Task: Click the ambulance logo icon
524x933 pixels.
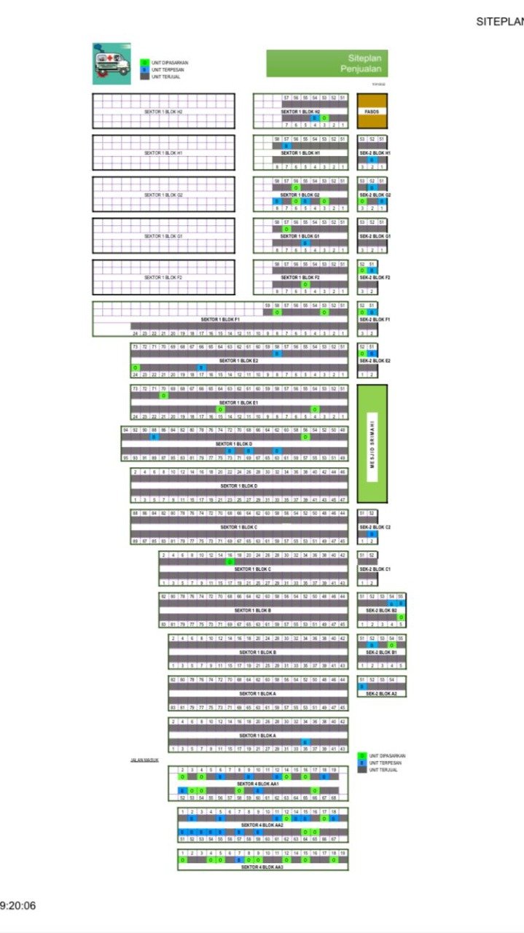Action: [x=111, y=63]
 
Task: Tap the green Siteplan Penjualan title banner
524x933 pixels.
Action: [x=326, y=63]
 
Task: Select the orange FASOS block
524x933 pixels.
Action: [x=372, y=112]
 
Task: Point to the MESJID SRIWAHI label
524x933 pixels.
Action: [x=372, y=443]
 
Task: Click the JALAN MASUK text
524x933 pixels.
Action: [x=144, y=760]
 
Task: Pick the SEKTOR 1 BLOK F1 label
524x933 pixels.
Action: [x=220, y=319]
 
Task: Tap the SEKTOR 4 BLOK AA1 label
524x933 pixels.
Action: [x=259, y=783]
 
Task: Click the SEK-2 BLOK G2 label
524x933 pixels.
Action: [x=375, y=195]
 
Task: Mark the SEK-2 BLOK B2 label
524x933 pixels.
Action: [x=381, y=610]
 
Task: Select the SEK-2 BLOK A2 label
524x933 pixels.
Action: [x=381, y=693]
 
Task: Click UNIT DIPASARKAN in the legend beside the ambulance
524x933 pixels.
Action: [x=170, y=63]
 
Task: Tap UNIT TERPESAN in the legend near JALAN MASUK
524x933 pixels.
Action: [x=387, y=762]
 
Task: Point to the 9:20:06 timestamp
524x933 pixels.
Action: [x=17, y=906]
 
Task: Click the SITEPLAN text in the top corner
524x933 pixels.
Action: [x=500, y=22]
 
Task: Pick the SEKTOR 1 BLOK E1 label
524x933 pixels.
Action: [x=238, y=402]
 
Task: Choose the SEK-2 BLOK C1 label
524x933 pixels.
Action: [x=375, y=569]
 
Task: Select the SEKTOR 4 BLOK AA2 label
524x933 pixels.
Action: [x=262, y=825]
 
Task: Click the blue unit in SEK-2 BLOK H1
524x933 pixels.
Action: [x=372, y=160]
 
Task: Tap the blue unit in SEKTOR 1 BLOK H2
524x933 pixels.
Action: [x=315, y=118]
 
